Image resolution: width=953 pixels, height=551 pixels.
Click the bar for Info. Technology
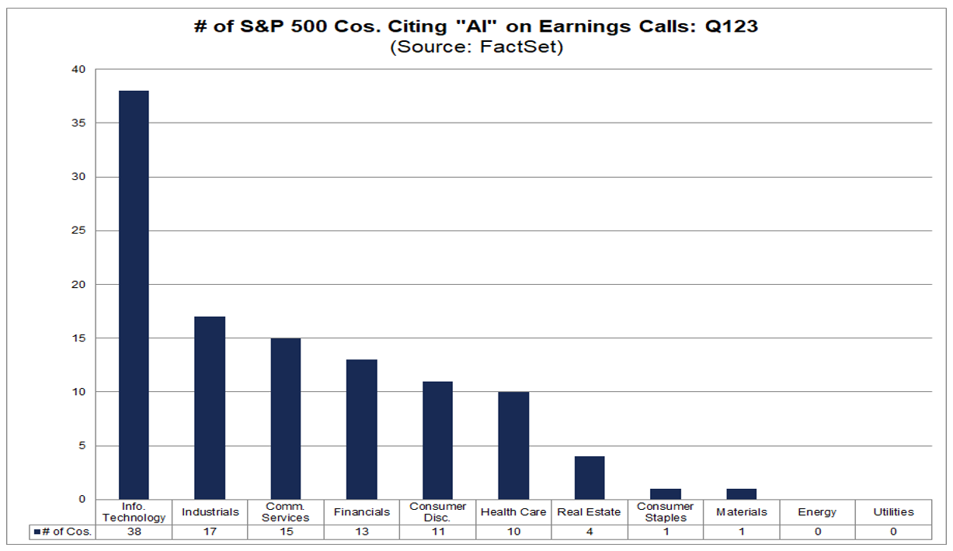point(133,295)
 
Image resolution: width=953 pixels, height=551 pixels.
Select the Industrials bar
point(210,407)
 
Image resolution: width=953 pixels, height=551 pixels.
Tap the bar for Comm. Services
point(286,418)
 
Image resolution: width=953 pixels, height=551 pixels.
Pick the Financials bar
point(362,429)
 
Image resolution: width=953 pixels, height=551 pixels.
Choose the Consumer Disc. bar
point(437,440)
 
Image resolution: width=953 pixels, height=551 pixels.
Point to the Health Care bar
point(513,445)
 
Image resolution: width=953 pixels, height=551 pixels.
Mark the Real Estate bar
point(590,477)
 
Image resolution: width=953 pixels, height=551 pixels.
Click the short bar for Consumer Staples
point(666,494)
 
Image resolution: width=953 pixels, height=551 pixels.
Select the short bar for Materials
point(742,494)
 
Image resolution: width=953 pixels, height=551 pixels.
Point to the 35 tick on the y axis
point(80,123)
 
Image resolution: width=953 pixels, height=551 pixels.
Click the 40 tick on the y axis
point(80,69)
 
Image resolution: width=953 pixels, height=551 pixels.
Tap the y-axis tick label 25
point(80,230)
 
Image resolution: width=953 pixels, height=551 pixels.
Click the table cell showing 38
point(134,532)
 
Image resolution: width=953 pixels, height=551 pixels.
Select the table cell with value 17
point(210,532)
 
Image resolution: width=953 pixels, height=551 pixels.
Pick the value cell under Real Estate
point(590,532)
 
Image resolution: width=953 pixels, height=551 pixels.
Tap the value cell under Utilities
point(893,532)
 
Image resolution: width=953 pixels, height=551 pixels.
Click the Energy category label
point(817,512)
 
